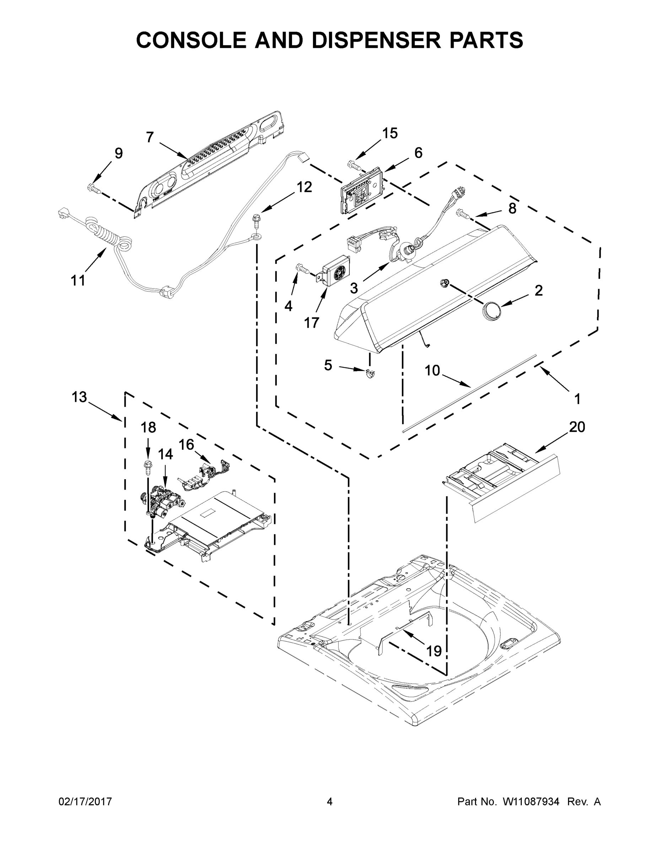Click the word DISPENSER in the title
pos(376,40)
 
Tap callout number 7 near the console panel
pos(150,137)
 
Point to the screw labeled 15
pos(354,165)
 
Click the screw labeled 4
pos(303,268)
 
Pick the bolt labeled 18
pos(148,467)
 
